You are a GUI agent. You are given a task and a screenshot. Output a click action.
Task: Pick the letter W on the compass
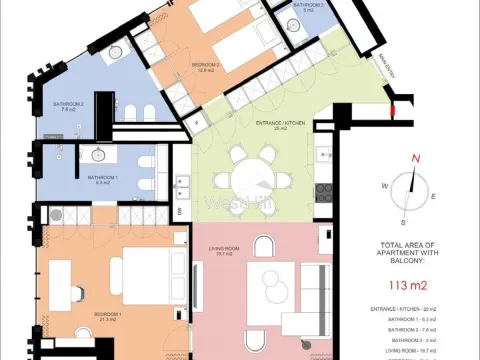pos(383,187)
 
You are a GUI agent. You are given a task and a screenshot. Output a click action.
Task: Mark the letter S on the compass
pos(403,222)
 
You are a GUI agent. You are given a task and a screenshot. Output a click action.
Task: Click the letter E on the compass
pos(432,197)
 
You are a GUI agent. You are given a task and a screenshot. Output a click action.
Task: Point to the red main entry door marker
pos(396,104)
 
